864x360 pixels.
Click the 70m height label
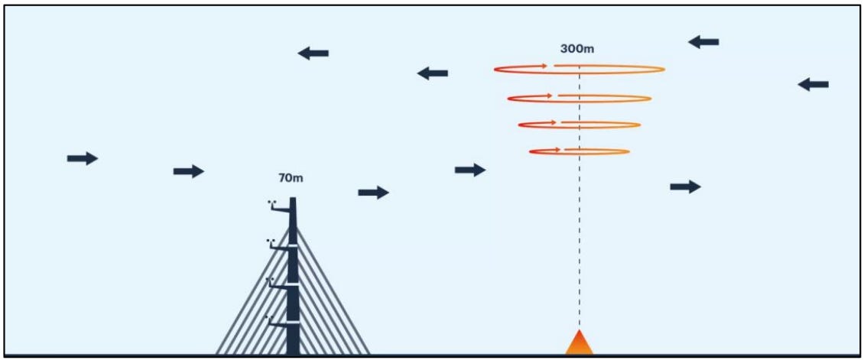point(291,179)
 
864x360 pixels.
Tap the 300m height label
point(578,49)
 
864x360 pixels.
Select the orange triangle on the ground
point(579,343)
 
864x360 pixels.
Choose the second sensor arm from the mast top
point(280,246)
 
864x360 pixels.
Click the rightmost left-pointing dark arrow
point(813,84)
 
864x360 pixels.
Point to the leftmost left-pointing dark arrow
point(313,53)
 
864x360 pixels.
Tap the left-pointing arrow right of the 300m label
point(703,42)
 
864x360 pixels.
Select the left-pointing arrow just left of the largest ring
point(432,73)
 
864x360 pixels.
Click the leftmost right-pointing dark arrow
point(83,158)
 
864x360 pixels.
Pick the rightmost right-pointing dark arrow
point(685,186)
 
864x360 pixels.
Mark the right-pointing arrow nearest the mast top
point(373,193)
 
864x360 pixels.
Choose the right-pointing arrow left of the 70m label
point(189,171)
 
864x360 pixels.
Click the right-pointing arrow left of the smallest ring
point(470,170)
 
